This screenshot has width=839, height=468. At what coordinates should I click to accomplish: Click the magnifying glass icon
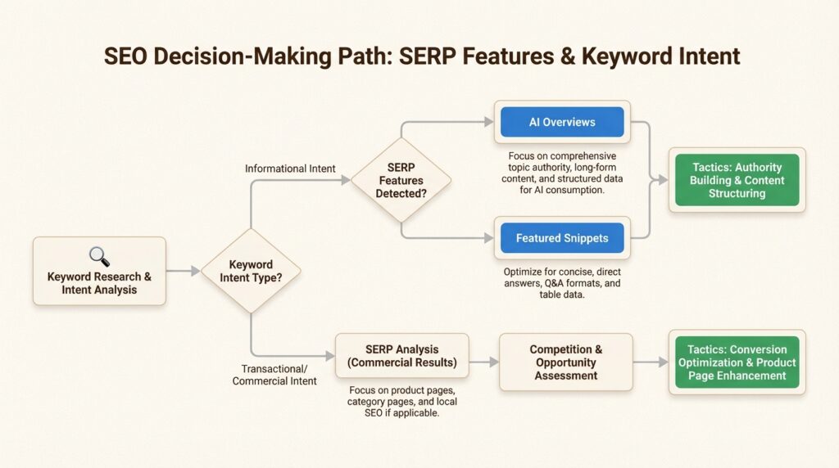(99, 256)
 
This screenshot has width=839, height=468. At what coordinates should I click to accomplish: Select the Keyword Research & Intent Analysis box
(99, 271)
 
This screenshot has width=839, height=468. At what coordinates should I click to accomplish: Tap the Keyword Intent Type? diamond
(251, 271)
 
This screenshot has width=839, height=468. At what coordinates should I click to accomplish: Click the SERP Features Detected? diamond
(401, 180)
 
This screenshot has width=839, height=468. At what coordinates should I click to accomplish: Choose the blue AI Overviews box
(562, 122)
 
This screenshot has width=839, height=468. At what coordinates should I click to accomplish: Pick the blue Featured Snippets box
(562, 238)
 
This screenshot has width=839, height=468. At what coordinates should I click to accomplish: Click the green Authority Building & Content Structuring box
(737, 180)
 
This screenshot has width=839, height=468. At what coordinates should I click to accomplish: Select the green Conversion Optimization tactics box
(737, 362)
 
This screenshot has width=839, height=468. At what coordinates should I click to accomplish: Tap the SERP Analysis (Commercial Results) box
(401, 356)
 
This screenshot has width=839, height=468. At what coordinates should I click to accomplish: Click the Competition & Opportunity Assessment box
(565, 362)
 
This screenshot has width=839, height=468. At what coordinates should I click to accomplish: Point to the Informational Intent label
(290, 169)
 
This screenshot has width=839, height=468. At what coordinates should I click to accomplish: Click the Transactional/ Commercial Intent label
(274, 375)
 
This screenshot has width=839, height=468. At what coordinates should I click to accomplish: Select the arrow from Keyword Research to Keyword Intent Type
(183, 271)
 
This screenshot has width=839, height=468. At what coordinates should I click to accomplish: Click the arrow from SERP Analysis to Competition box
(483, 362)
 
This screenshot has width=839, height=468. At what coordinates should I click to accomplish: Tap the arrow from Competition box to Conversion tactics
(651, 362)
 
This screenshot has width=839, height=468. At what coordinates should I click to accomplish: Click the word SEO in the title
(125, 56)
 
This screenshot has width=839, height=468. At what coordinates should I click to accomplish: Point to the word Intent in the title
(709, 56)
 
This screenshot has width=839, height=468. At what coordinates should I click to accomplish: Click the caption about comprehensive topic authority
(562, 173)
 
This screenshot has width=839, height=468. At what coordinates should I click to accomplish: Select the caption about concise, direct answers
(562, 282)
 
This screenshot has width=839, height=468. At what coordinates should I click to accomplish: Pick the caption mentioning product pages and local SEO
(401, 401)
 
